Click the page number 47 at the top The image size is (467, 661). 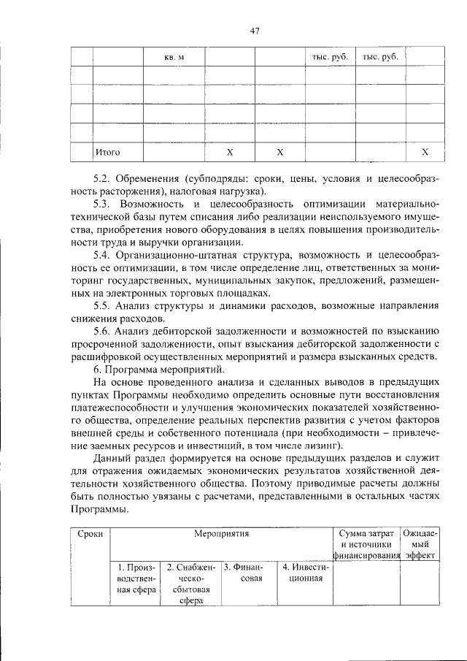[254, 30]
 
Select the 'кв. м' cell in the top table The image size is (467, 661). [174, 57]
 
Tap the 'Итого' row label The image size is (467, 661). [107, 152]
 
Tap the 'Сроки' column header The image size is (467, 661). [90, 534]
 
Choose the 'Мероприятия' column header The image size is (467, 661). [221, 534]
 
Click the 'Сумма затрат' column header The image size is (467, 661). [366, 534]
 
